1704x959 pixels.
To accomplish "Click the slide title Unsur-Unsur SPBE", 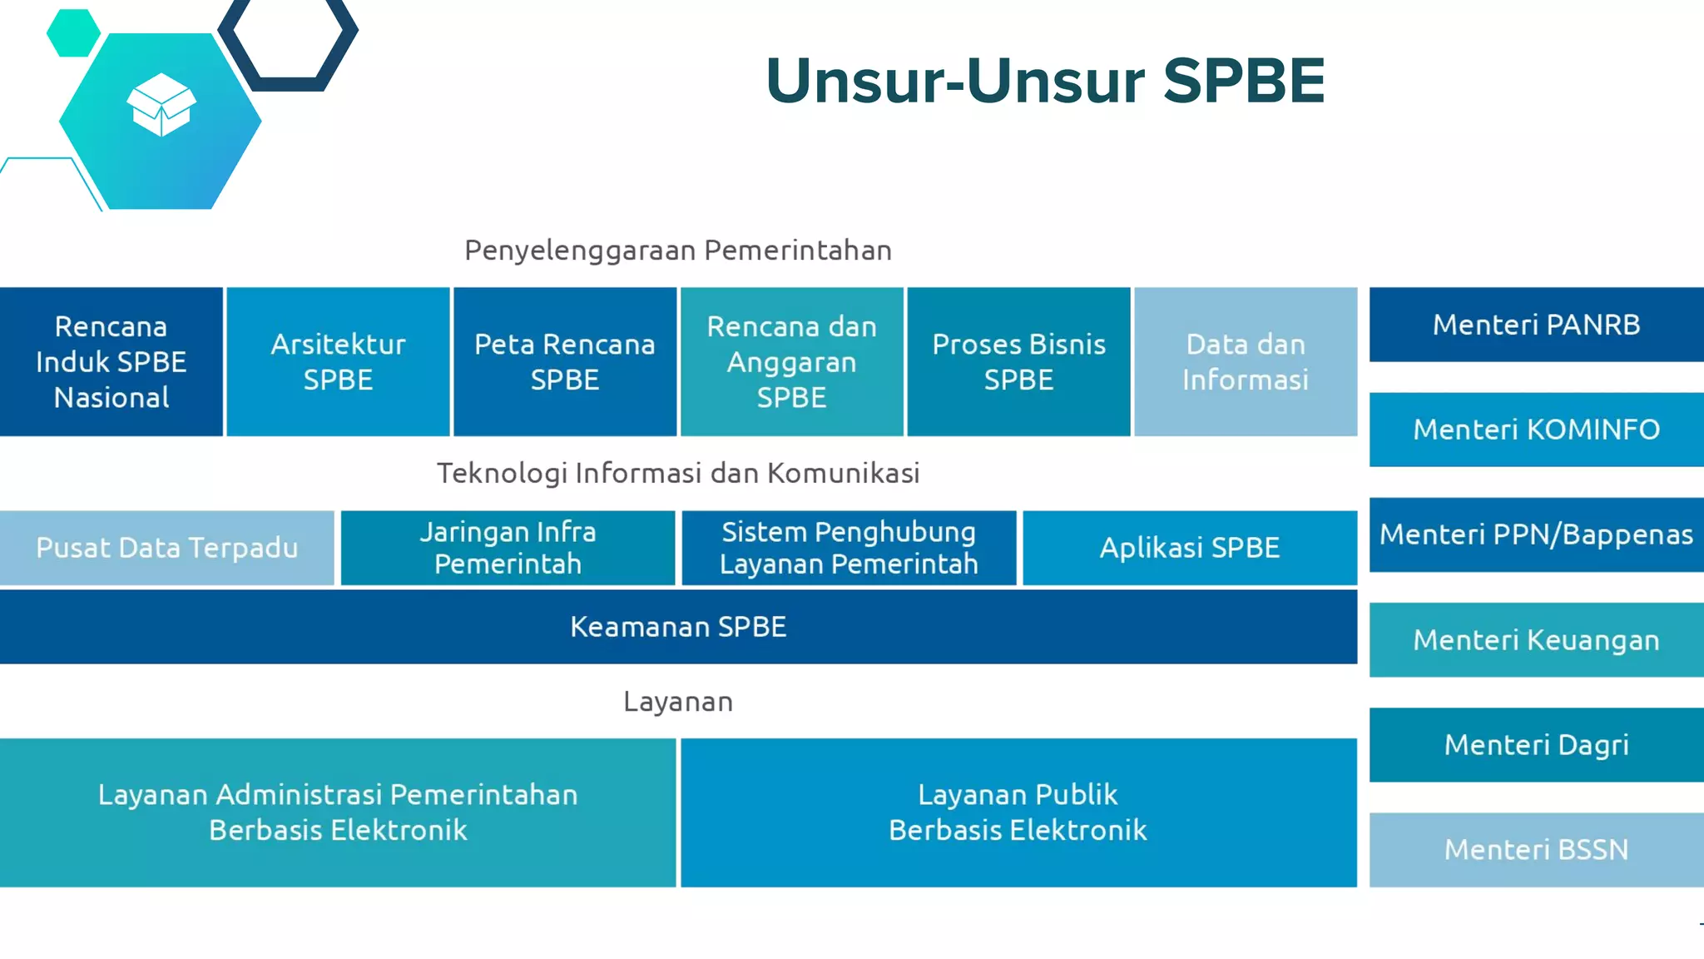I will [1044, 81].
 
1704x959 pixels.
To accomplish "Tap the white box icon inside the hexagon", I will [161, 105].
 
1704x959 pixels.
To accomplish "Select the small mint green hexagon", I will [73, 32].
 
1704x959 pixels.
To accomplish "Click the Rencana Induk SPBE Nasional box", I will [111, 362].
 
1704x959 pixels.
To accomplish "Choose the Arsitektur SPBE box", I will [338, 362].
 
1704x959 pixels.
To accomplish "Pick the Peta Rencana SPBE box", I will [565, 362].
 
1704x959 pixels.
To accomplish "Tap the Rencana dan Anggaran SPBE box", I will [791, 362].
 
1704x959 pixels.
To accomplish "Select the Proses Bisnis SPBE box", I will [1018, 362].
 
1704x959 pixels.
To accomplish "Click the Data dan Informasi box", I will [1246, 362].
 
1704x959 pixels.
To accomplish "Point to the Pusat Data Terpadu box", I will [166, 548].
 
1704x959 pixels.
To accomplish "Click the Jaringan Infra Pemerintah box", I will [508, 548].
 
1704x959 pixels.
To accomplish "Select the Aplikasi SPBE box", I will [1190, 548].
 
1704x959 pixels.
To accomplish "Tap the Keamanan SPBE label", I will [678, 627].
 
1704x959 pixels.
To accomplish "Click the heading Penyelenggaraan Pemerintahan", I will [678, 251].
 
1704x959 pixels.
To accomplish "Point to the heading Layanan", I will [678, 702].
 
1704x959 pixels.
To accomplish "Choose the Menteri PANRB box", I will [1536, 325].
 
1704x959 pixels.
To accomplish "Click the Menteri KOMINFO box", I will [1536, 430].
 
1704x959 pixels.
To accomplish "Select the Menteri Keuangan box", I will [1536, 640].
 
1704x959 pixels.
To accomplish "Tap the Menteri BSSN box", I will [1536, 850].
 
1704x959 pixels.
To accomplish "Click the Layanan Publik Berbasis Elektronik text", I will [1018, 812].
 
